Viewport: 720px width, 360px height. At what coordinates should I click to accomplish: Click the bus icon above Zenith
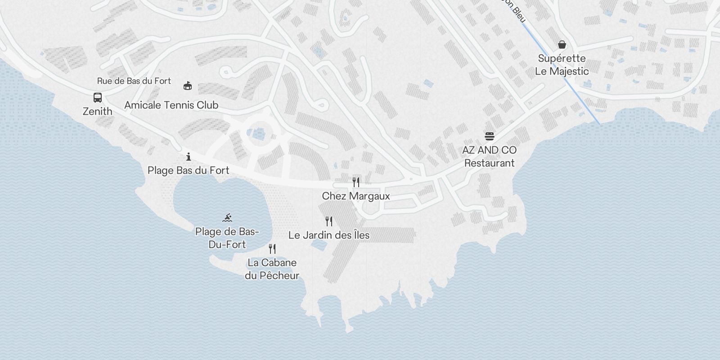coord(98,97)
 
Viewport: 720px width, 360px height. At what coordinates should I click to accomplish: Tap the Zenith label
coord(98,111)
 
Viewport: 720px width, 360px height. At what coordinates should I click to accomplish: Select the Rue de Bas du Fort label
coord(134,81)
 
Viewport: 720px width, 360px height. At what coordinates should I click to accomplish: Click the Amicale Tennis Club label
coord(171,105)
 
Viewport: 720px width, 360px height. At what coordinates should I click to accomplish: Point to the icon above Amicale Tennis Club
coord(188,85)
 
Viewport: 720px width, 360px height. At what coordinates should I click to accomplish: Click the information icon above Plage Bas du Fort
coord(189,157)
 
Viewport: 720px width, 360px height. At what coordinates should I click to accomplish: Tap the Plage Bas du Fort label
coord(189,171)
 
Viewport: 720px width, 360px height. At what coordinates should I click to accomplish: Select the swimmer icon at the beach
coord(227,218)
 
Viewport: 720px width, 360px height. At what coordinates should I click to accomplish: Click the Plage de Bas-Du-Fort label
coord(227,238)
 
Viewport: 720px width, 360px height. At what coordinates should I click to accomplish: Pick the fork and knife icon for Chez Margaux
coord(356,182)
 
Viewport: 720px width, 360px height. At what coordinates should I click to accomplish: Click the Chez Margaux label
coord(356,196)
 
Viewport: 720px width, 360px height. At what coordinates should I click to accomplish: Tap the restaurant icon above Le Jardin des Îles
coord(329,221)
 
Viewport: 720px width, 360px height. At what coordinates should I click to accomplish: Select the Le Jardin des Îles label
coord(329,235)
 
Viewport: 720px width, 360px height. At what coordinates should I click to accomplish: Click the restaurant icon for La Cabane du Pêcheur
coord(272,248)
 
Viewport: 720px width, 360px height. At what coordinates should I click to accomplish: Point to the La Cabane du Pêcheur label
coord(272,269)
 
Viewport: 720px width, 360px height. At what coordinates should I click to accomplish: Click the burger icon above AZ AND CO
coord(490,136)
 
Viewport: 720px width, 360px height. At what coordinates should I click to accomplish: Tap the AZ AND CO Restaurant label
coord(490,156)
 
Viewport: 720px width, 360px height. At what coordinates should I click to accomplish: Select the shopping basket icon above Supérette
coord(562,44)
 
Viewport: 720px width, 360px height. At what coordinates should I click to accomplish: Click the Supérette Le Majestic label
coord(562,64)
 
